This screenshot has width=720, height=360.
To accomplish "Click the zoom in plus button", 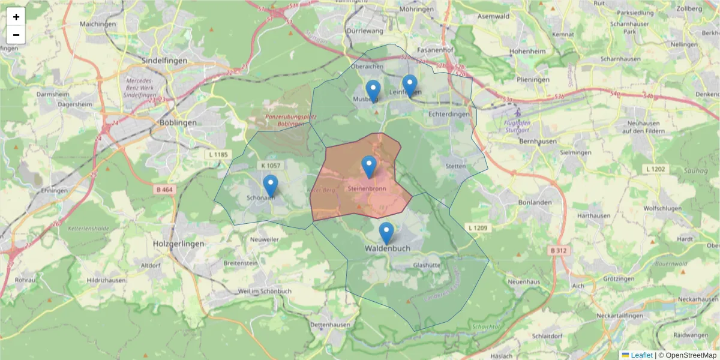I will point(16,17).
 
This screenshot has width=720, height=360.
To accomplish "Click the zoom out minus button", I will point(16,35).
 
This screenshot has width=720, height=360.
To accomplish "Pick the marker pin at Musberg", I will point(373,91).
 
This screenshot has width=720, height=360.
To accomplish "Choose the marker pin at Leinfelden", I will point(410,86).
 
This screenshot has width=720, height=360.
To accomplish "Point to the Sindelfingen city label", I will point(164,61).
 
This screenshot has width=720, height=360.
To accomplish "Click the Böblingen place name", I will point(178,122).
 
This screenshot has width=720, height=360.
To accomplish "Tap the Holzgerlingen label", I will point(179,244).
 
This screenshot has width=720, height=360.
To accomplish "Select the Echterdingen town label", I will point(449,113).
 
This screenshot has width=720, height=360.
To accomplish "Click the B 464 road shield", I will point(164,190).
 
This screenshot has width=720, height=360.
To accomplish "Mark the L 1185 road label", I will point(219,155).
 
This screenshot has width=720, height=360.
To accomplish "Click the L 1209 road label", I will point(478,228).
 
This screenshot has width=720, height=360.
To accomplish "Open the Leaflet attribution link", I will point(641,355).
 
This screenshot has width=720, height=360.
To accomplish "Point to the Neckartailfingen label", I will point(623,316).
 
